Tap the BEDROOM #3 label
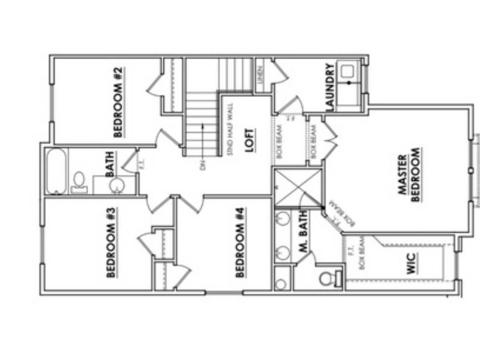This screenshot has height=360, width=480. click(x=111, y=243)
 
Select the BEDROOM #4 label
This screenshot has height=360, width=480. click(x=240, y=243)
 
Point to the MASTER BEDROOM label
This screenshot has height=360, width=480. click(x=409, y=175)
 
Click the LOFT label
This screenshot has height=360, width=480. click(x=250, y=141)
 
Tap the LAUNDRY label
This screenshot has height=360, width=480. click(x=330, y=87)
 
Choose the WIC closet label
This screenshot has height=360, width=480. click(x=412, y=264)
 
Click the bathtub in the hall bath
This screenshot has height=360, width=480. click(x=57, y=171)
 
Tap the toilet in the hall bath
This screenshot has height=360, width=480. click(x=79, y=182)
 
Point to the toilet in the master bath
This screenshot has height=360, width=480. click(x=328, y=278)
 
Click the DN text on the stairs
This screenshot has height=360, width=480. click(x=203, y=165)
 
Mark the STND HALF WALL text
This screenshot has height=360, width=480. click(x=230, y=129)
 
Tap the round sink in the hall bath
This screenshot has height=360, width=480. click(x=117, y=185)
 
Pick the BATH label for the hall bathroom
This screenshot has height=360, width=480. click(x=110, y=164)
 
